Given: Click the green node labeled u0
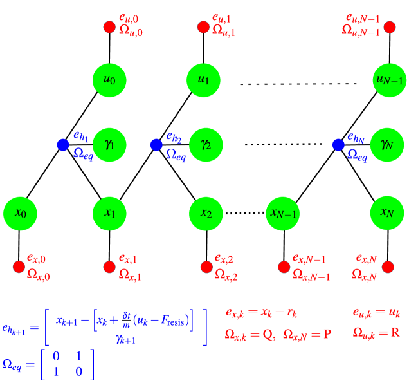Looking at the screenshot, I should tap(110, 80).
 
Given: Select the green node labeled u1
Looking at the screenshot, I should tap(203, 80).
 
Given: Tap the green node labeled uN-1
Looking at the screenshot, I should tap(388, 80).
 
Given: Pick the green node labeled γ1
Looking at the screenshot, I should tap(110, 144).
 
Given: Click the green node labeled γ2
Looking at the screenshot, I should tap(206, 144).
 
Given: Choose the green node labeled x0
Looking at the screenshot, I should tap(20, 213).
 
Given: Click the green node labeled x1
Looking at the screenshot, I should tap(110, 213).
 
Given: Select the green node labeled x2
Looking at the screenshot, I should tap(206, 213).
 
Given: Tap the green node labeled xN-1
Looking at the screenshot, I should tap(283, 213).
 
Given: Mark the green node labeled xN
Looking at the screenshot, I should tap(386, 213).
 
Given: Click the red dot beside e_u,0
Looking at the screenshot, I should tap(109, 27).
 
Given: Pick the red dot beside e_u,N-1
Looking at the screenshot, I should tap(390, 27).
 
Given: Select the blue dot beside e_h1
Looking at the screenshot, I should tap(62, 145).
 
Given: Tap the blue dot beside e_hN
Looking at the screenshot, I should tap(338, 145).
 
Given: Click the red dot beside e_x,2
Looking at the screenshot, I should tap(206, 266).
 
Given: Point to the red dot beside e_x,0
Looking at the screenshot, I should tap(19, 266).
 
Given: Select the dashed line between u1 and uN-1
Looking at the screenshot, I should tap(294, 84).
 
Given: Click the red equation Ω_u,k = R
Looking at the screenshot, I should tap(377, 333).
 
